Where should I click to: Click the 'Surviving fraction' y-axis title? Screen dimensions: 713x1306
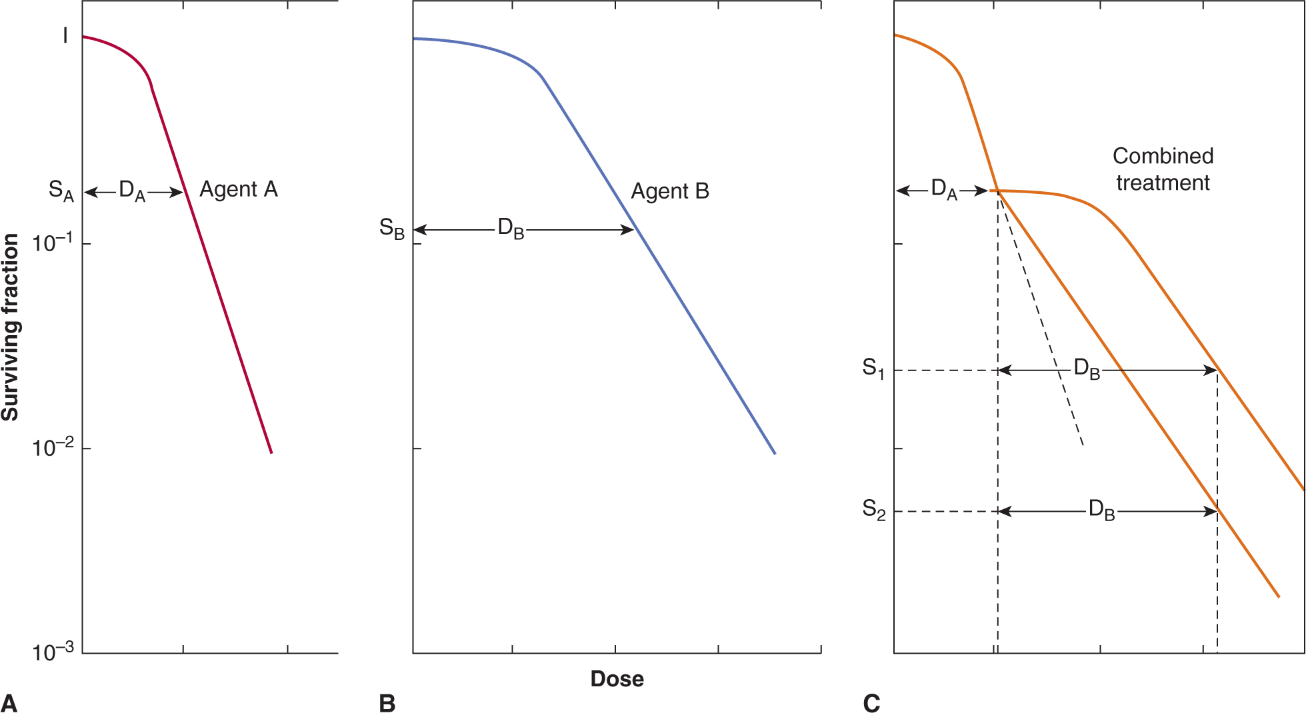pyautogui.click(x=11, y=327)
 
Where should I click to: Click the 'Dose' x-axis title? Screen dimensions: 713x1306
pyautogui.click(x=617, y=679)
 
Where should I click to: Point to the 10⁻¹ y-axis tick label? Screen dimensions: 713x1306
pyautogui.click(x=52, y=243)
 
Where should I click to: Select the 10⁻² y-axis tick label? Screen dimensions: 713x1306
pyautogui.click(x=52, y=448)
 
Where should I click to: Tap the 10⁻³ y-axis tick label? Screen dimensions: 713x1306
pyautogui.click(x=52, y=652)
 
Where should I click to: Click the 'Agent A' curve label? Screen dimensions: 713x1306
pyautogui.click(x=238, y=190)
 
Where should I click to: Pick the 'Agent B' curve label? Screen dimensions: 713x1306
pyautogui.click(x=669, y=192)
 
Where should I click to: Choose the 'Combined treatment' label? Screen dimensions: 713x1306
pyautogui.click(x=1163, y=169)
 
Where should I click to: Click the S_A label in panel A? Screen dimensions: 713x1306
pyautogui.click(x=61, y=191)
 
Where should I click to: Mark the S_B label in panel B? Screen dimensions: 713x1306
pyautogui.click(x=392, y=229)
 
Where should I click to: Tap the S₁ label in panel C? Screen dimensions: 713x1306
pyautogui.click(x=873, y=368)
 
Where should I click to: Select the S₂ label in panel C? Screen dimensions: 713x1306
pyautogui.click(x=873, y=510)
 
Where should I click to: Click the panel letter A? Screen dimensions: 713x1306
pyautogui.click(x=9, y=703)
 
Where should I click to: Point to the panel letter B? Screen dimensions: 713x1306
pyautogui.click(x=387, y=703)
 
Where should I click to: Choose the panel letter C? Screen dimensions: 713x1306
pyautogui.click(x=871, y=703)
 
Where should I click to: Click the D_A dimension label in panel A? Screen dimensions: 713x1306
pyautogui.click(x=131, y=191)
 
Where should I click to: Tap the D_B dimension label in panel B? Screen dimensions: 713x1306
pyautogui.click(x=511, y=229)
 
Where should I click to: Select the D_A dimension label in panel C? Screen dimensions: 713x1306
pyautogui.click(x=943, y=190)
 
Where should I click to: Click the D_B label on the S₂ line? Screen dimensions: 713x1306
pyautogui.click(x=1101, y=510)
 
